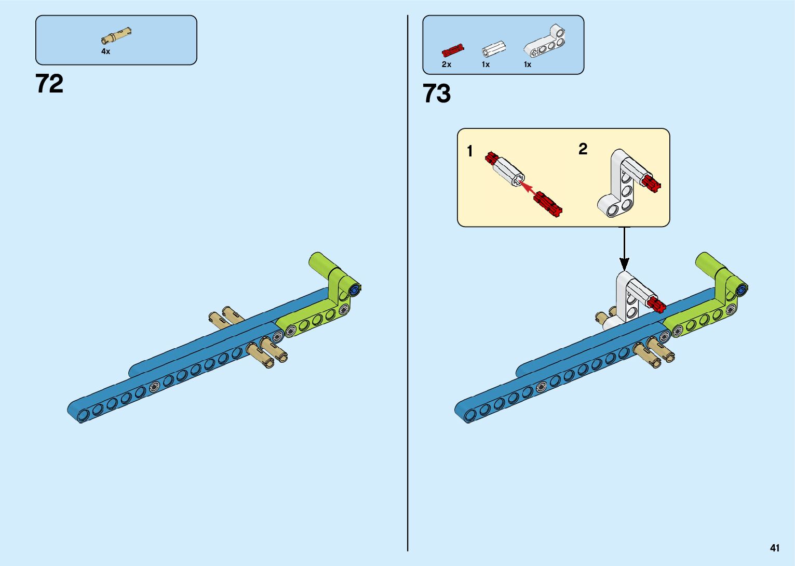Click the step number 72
[49, 84]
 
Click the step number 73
[437, 94]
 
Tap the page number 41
[775, 548]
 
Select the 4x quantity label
[105, 51]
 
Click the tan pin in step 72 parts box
[116, 36]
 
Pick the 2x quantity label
[446, 64]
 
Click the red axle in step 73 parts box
[452, 50]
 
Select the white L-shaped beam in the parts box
[545, 42]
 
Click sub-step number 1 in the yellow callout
[470, 151]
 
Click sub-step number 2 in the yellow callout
[583, 149]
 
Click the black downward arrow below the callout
[624, 249]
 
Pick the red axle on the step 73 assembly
[656, 304]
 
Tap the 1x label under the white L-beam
[527, 64]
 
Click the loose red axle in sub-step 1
[548, 203]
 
